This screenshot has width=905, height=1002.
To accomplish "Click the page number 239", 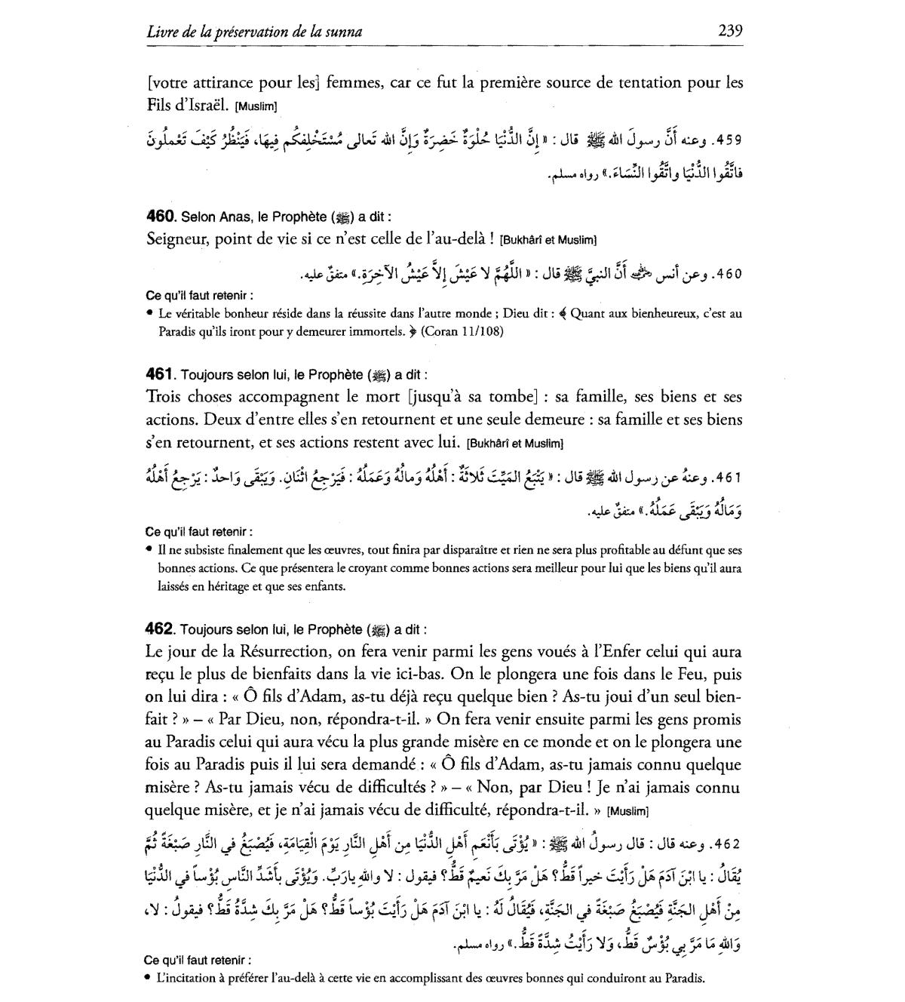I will click(730, 30).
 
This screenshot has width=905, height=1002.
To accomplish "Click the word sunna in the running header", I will click(345, 32).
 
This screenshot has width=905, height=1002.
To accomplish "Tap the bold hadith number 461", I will click(159, 374).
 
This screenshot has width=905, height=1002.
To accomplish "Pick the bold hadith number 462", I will click(160, 629).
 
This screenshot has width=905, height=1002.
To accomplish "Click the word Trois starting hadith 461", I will click(166, 397).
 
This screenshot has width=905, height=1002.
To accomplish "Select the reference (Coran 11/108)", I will click(462, 331).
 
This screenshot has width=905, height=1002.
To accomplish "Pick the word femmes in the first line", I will click(355, 83).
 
